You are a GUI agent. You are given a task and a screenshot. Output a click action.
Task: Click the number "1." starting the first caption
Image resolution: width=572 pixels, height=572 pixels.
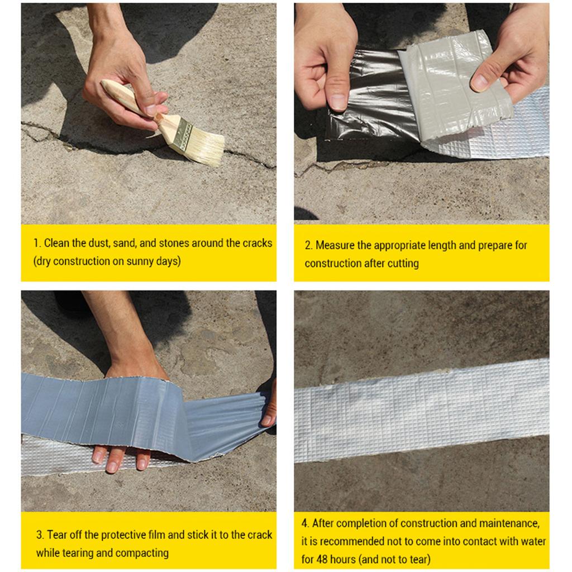click(37, 243)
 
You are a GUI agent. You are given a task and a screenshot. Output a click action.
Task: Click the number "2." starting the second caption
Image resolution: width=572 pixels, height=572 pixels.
click(308, 245)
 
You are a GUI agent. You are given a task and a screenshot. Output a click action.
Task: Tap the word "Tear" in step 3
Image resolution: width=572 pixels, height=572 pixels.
click(58, 535)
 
